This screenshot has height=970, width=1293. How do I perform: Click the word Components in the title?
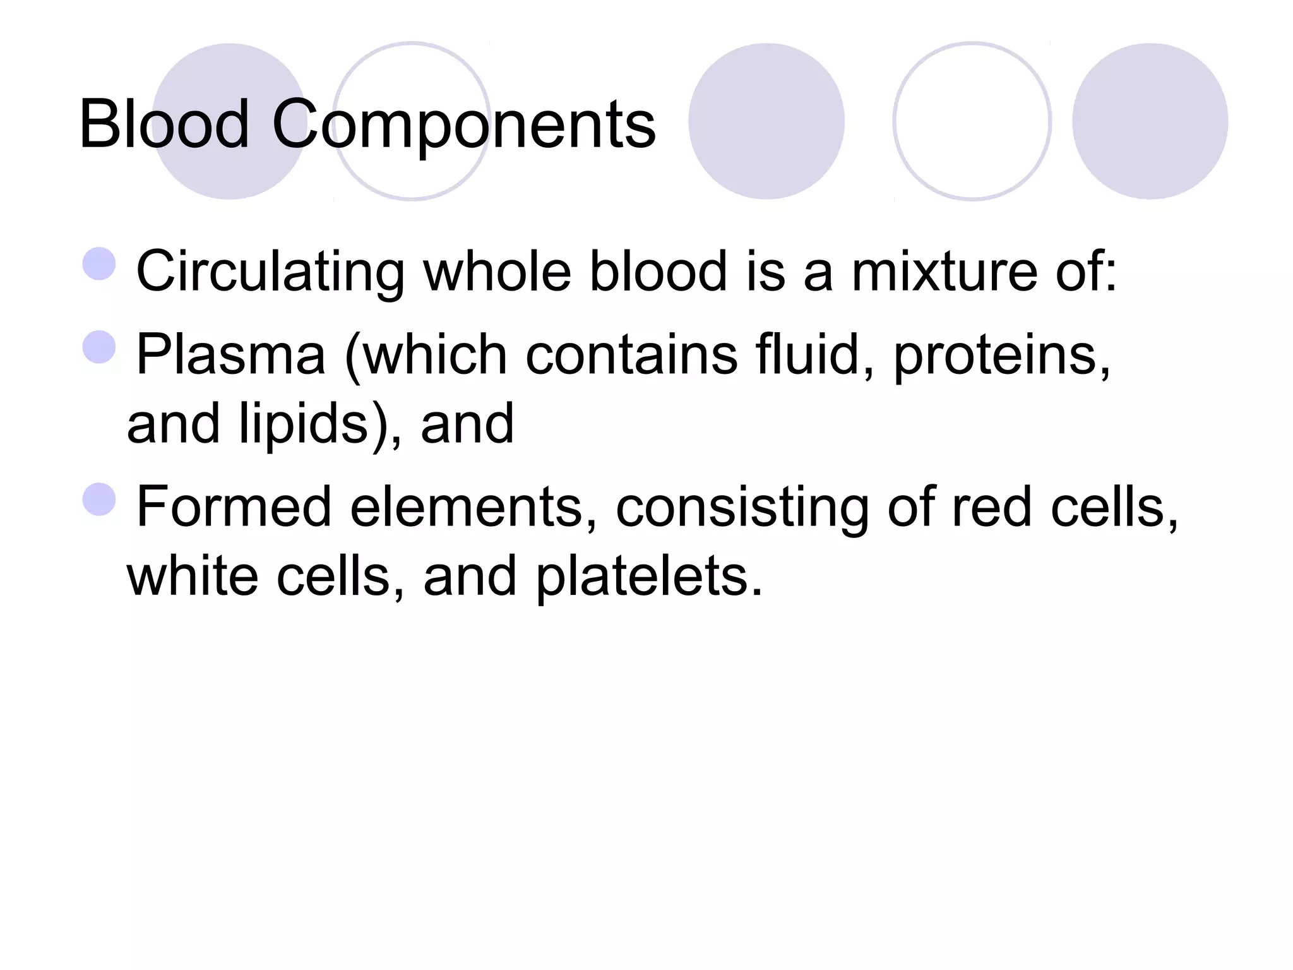tap(464, 124)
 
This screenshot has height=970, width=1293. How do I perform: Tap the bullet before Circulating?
tap(100, 264)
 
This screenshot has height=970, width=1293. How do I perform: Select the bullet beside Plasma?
tap(100, 347)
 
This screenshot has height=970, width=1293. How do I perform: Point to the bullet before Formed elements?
tap(100, 500)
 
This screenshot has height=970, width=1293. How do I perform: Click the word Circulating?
tap(270, 272)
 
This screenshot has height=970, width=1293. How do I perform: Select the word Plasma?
tap(231, 355)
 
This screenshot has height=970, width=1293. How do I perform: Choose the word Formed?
tap(234, 507)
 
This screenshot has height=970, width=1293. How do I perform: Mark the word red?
tap(992, 507)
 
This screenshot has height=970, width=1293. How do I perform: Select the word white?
tap(193, 576)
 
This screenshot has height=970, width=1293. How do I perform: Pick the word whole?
tap(498, 272)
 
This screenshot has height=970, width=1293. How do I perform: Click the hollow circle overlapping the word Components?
tap(412, 121)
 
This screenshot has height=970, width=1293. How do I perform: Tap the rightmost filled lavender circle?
tap(1150, 121)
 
